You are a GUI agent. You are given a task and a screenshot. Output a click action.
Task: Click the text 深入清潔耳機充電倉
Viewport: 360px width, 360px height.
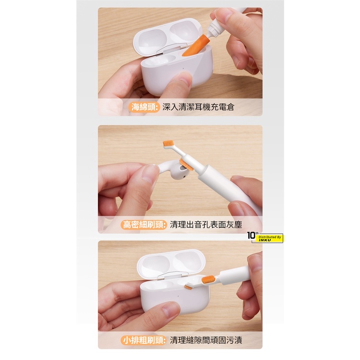198,107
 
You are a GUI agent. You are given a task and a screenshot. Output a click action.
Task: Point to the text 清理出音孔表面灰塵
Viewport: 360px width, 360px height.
206,225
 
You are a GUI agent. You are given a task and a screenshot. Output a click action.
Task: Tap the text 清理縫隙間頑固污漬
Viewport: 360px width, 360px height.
206,340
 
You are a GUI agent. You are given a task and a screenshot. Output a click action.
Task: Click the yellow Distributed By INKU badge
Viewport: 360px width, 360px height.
270,238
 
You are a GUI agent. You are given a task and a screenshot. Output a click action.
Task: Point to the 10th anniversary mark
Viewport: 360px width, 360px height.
252,235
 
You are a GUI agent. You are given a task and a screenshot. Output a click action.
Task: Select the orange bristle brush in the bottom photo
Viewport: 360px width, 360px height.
208,280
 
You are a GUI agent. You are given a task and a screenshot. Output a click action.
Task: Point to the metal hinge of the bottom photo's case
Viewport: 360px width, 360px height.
173,276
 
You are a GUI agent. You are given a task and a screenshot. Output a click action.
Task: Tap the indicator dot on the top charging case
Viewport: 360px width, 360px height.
183,68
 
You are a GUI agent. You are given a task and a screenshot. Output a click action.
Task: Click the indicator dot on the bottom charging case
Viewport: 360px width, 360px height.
178,296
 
